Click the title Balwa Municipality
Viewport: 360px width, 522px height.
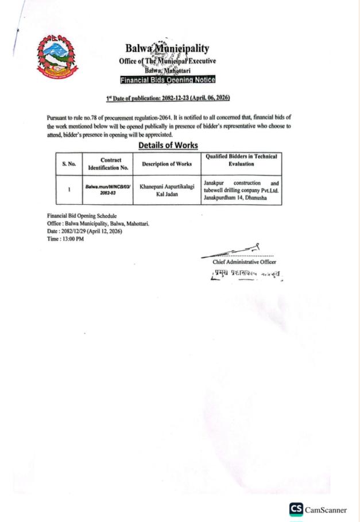coord(167,49)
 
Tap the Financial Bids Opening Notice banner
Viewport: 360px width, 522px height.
coord(167,80)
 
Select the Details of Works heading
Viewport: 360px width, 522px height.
coord(168,146)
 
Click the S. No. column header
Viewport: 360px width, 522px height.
coord(69,164)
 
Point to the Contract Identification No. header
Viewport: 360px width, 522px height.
coord(107,164)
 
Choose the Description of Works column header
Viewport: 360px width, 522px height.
coord(167,164)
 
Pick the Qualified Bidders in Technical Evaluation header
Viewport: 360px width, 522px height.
coord(241,160)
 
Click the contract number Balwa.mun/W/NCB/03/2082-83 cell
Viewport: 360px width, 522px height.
coord(107,190)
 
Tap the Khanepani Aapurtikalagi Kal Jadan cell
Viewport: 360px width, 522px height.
coord(167,190)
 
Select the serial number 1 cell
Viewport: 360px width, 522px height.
coord(69,190)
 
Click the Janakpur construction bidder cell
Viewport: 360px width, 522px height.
coord(241,190)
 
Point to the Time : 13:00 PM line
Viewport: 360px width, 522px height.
coord(65,239)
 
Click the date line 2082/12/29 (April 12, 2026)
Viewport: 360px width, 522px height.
coord(84,231)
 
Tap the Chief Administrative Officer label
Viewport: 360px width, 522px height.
coord(244,262)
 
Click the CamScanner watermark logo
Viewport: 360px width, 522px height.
coord(318,509)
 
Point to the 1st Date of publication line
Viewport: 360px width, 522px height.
coord(168,99)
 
